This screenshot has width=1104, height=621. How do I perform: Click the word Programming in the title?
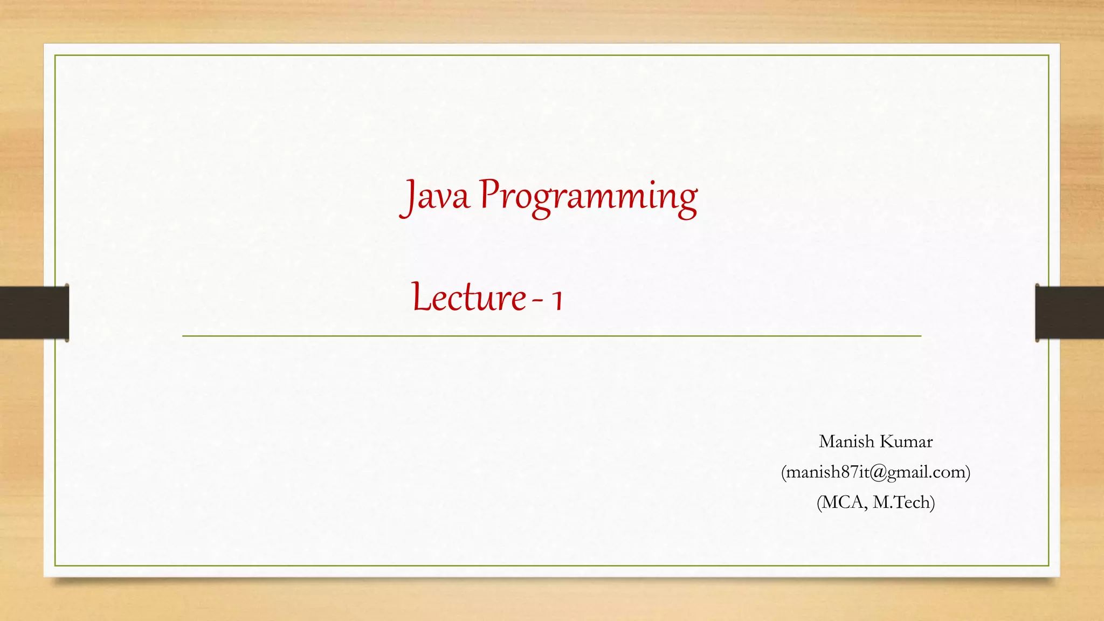[588, 197]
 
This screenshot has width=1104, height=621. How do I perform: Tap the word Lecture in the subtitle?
[468, 298]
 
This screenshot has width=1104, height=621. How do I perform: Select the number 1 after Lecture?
[557, 300]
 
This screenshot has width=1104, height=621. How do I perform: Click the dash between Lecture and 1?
[537, 300]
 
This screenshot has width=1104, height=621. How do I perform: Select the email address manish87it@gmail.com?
[875, 472]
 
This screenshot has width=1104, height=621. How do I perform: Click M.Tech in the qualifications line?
[901, 502]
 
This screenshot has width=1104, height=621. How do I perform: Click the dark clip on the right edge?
[1069, 313]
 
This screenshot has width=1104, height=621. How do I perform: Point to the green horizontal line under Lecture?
[551, 336]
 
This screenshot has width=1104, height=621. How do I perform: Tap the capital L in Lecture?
[421, 297]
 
